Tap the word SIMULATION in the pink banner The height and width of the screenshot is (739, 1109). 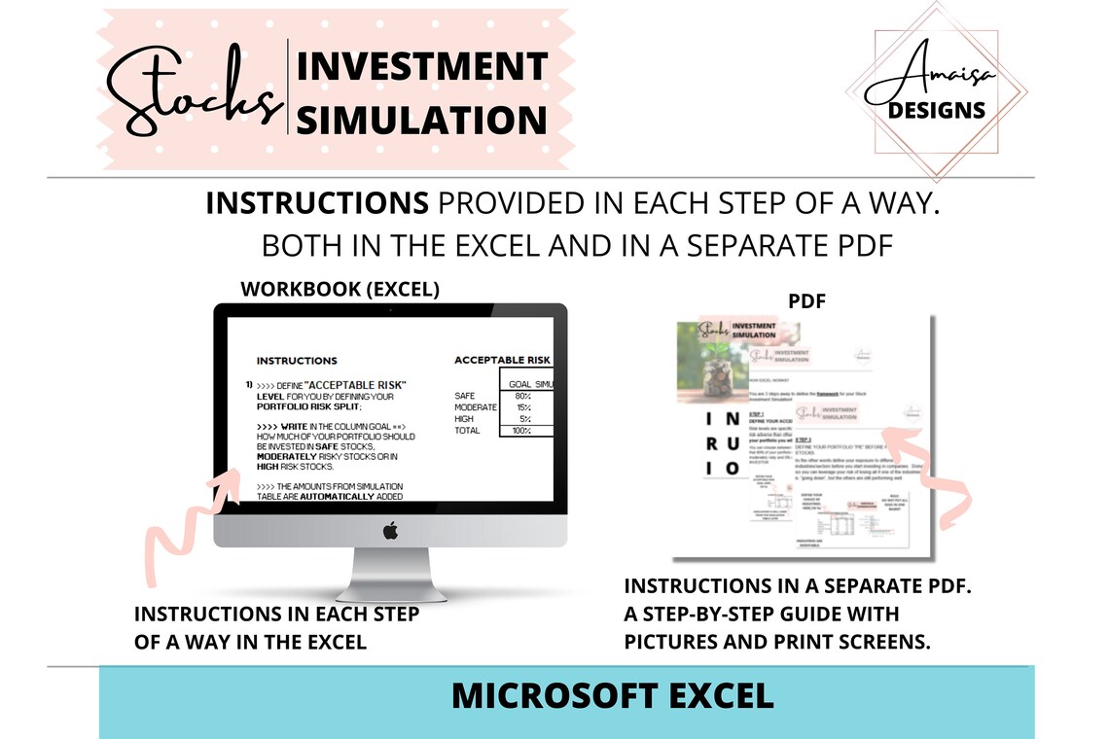(x=421, y=120)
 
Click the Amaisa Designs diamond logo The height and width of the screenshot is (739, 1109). (x=936, y=90)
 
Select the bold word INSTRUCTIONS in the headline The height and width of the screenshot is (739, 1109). (x=317, y=203)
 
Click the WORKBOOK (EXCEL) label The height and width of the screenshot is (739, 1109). (x=340, y=289)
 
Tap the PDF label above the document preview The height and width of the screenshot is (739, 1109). (x=806, y=301)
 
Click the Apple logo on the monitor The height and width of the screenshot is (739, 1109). (x=390, y=530)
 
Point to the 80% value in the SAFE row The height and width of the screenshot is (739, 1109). (x=521, y=396)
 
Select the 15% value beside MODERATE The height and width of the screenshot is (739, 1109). (x=521, y=407)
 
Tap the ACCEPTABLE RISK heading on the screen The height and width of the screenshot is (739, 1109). (x=502, y=360)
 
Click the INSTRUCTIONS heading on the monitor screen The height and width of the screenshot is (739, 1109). (x=297, y=361)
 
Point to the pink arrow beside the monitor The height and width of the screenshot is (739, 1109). (x=190, y=525)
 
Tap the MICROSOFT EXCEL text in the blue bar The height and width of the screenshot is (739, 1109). (x=613, y=695)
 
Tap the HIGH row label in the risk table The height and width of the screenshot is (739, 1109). (x=465, y=419)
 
